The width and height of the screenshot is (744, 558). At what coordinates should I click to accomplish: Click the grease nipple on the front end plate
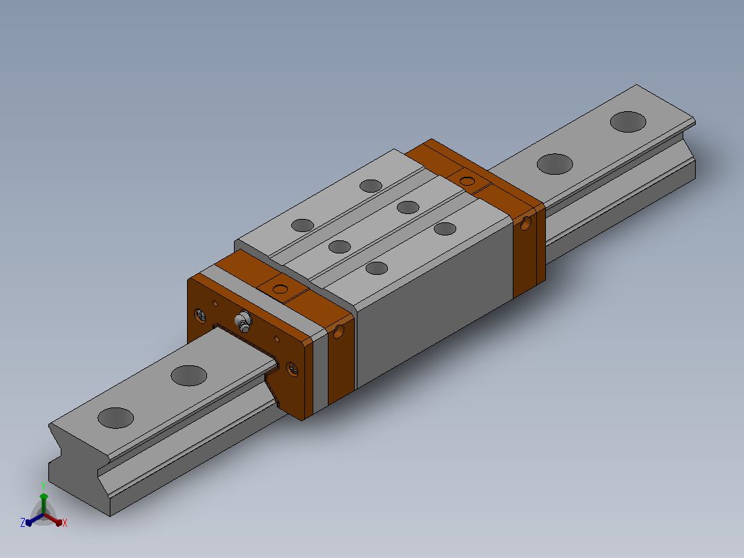tap(244, 321)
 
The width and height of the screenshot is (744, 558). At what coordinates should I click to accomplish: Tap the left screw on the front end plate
tap(200, 315)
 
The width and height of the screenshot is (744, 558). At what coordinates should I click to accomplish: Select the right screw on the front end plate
tap(292, 369)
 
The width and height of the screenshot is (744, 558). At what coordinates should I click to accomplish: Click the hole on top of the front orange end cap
tap(280, 289)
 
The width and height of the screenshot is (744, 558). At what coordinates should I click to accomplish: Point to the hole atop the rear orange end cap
tap(467, 181)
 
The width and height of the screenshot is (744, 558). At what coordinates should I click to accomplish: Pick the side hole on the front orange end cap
tap(338, 331)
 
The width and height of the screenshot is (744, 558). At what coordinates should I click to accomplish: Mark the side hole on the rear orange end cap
tap(525, 223)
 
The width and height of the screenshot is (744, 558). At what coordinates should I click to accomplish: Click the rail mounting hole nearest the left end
tap(115, 418)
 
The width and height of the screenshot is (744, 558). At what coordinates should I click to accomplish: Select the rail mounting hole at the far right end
tap(628, 122)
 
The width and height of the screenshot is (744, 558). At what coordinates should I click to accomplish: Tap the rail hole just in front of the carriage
tap(189, 376)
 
